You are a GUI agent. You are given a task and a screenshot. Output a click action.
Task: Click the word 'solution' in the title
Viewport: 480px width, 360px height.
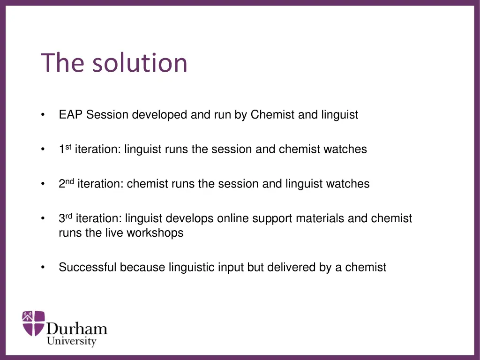click(x=139, y=63)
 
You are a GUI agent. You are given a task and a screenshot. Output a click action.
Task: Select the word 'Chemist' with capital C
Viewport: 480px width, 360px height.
click(x=273, y=115)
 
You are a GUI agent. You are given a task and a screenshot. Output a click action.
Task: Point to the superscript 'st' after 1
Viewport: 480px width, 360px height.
click(x=68, y=146)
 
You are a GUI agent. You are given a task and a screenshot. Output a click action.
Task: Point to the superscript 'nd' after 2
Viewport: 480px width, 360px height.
click(x=69, y=181)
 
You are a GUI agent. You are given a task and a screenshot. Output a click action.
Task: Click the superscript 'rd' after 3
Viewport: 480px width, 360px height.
click(x=68, y=216)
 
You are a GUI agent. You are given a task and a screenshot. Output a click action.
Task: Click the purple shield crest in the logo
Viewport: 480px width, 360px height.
click(x=34, y=323)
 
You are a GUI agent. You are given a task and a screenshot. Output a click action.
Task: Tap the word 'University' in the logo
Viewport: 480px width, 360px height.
click(x=71, y=342)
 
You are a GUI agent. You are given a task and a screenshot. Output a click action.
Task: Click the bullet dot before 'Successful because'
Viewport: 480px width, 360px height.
click(x=43, y=268)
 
